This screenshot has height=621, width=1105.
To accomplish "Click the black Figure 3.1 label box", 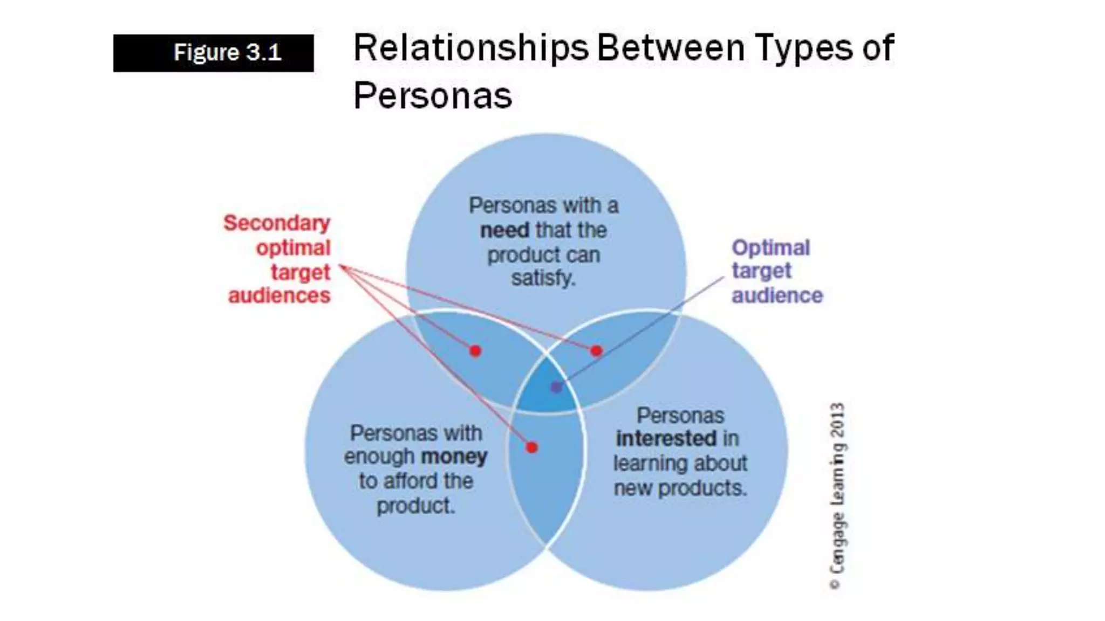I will [x=213, y=53].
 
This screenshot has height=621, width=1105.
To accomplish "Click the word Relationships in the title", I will [x=470, y=49].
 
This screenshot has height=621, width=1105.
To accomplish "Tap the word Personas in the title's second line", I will [x=433, y=96].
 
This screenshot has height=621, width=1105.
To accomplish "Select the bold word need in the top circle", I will [x=505, y=231].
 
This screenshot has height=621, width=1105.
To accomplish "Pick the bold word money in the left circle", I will [x=454, y=457].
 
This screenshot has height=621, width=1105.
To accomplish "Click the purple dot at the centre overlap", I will [x=556, y=387].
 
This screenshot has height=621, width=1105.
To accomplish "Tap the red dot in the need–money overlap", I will [x=475, y=351].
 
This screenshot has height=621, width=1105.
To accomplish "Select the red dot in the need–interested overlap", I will [x=596, y=351].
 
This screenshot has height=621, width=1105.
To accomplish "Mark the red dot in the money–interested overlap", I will [x=532, y=447].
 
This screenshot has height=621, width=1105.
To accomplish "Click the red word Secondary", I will [x=277, y=223].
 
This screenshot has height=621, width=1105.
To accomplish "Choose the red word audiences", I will [x=279, y=296].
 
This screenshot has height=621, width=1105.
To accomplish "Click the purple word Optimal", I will [x=770, y=248].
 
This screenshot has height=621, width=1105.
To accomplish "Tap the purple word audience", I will [x=777, y=296].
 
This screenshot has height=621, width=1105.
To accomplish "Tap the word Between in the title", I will [x=671, y=49].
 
